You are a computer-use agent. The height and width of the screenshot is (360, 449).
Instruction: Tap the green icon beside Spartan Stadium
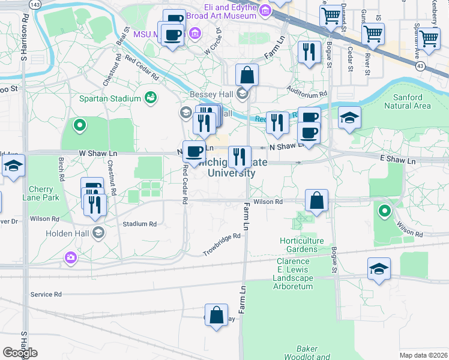coord(150,98)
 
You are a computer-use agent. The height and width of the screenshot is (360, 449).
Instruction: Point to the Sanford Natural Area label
coord(411,101)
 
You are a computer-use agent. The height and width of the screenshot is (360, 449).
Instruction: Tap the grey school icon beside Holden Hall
coord(97,233)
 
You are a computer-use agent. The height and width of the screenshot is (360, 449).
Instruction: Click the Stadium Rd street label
coord(139,224)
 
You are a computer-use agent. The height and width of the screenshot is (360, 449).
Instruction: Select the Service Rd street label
coord(46,295)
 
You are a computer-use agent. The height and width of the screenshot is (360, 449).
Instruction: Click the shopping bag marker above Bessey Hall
coord(247,76)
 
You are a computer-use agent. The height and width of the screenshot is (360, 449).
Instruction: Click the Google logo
coord(20,353)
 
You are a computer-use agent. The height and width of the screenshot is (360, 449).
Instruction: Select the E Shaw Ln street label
coord(397,161)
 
